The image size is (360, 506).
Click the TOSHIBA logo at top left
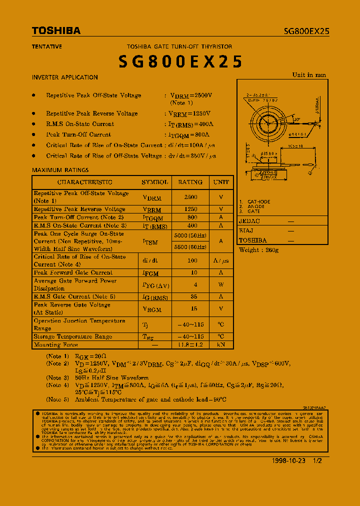[56, 31]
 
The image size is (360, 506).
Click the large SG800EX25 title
[180, 61]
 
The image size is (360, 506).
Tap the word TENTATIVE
[47, 46]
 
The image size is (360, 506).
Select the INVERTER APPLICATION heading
[65, 77]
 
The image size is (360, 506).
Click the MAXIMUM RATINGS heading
[60, 170]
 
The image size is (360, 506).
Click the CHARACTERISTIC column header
[84, 182]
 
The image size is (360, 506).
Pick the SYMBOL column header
[154, 182]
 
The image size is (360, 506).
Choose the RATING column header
[190, 182]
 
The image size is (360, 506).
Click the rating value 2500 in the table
[190, 197]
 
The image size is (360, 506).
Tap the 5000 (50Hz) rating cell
[190, 235]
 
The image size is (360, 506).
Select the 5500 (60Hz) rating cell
[190, 247]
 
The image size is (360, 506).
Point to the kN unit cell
[221, 344]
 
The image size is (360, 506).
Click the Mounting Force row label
[56, 345]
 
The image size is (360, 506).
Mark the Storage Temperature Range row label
[73, 337]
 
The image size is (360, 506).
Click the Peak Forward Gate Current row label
[73, 273]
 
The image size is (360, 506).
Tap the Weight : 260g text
[258, 250]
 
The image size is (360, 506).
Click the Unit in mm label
[309, 75]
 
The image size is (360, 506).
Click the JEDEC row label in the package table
[249, 221]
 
